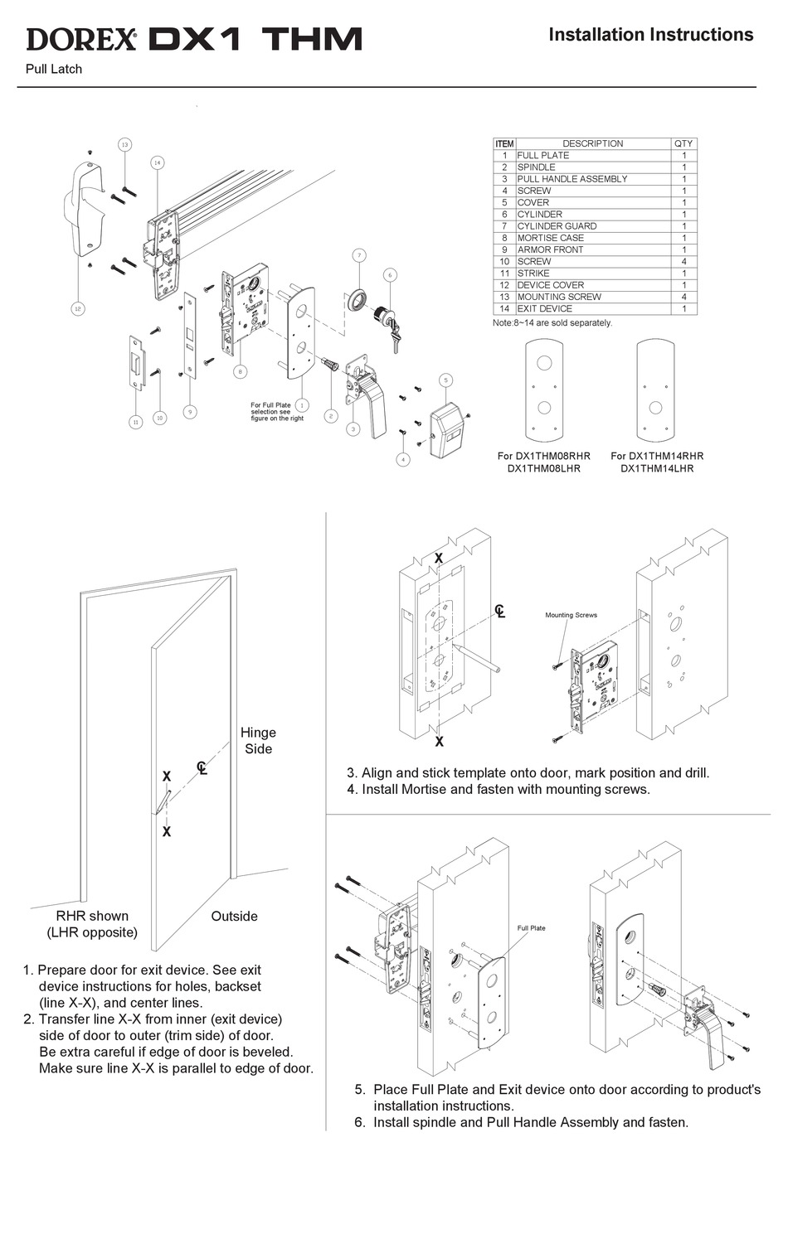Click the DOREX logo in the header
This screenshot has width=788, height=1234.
point(81,38)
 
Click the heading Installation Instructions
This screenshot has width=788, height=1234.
point(650,35)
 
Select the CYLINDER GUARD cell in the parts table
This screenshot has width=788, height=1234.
point(557,226)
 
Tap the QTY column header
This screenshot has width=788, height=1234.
point(683,143)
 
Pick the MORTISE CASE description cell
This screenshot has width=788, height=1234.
point(550,238)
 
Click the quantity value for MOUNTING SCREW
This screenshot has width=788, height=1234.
point(683,297)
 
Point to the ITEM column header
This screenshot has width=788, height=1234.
point(504,143)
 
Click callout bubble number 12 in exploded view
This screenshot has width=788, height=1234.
point(77,308)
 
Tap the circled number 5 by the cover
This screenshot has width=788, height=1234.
point(445,380)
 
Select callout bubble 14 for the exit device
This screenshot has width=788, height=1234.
point(157,162)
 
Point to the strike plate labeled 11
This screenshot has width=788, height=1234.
point(137,361)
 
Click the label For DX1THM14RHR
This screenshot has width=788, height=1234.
point(657,456)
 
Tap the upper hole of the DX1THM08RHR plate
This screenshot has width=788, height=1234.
point(544,364)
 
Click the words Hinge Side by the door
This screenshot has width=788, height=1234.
point(258,740)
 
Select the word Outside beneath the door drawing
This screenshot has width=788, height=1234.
point(234,916)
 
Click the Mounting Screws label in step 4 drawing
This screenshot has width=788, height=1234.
point(571,615)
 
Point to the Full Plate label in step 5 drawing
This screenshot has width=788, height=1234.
point(531,928)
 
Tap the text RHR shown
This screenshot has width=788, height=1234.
point(92,916)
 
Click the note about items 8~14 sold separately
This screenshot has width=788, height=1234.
point(552,322)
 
